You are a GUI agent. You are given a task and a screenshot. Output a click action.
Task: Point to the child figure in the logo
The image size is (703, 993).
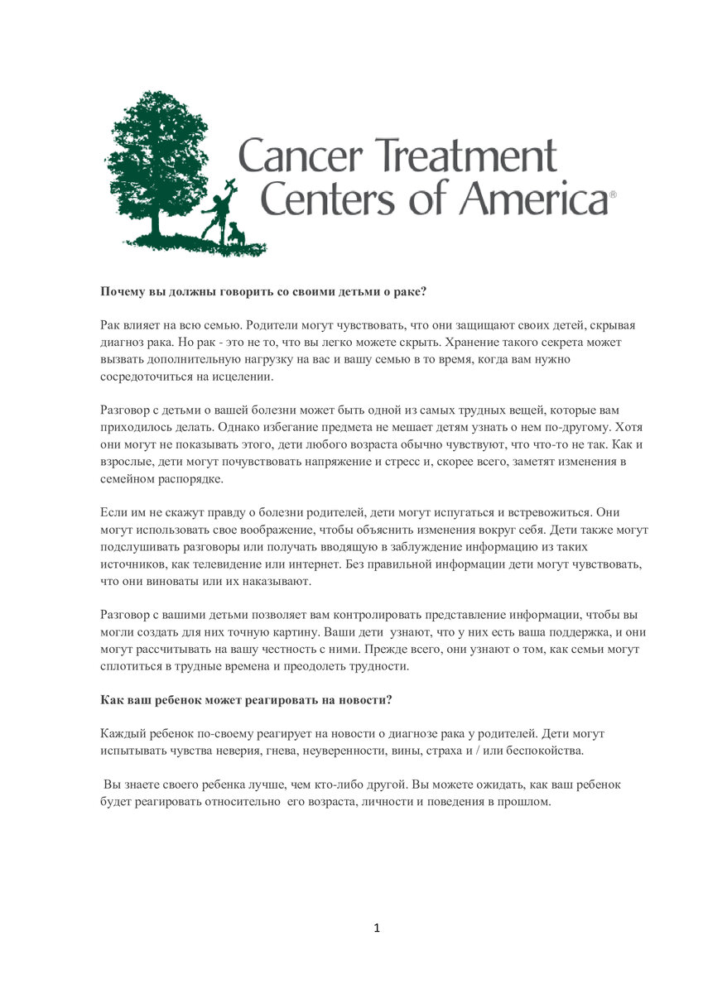coord(217,211)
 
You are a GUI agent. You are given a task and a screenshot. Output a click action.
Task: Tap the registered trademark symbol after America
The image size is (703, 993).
coord(613,194)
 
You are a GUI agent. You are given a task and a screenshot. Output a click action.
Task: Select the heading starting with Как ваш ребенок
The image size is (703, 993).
coord(246,699)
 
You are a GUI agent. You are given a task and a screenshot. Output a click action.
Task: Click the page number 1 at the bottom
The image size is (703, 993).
coord(377,928)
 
